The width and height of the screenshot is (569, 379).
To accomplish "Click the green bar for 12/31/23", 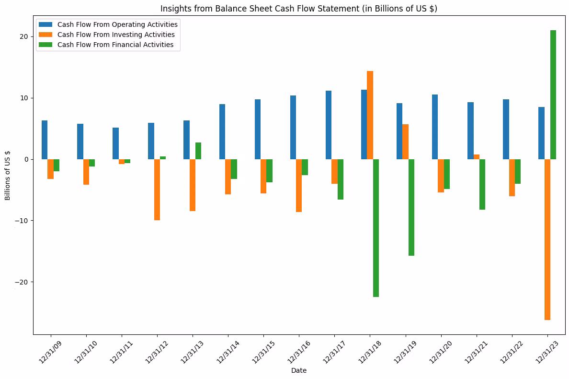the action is pos(553,95).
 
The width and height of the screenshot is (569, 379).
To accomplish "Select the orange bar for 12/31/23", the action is pos(547,239).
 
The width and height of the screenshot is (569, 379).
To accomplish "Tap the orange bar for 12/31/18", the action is pos(370,115).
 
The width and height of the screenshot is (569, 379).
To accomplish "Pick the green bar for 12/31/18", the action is pos(376,228).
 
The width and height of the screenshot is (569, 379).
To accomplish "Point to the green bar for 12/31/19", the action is pos(411,207).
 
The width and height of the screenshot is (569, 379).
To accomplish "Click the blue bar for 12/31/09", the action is pos(45,140).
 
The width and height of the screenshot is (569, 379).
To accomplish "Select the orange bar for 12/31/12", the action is pos(157,189).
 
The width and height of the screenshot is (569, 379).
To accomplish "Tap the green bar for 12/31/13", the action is pos(198,151).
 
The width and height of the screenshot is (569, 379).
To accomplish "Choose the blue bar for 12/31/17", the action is pos(329,125).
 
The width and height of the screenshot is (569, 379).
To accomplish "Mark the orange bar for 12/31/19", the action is pos(405,142).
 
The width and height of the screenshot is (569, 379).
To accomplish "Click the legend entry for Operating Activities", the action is pos(109,24).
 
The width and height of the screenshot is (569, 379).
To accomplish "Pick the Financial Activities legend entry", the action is pos(106,45).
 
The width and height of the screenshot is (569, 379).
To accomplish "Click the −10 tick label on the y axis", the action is pos(22,221).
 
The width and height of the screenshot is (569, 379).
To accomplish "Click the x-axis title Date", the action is pos(299,370).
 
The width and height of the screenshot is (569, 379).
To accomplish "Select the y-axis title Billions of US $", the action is pos(7,175).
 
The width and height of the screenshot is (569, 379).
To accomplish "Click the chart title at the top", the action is pos(299,8).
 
